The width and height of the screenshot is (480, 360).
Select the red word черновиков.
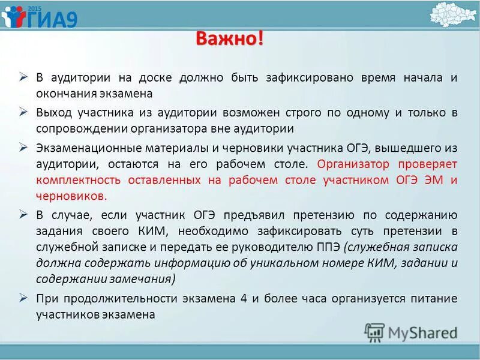pos(71,196)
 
